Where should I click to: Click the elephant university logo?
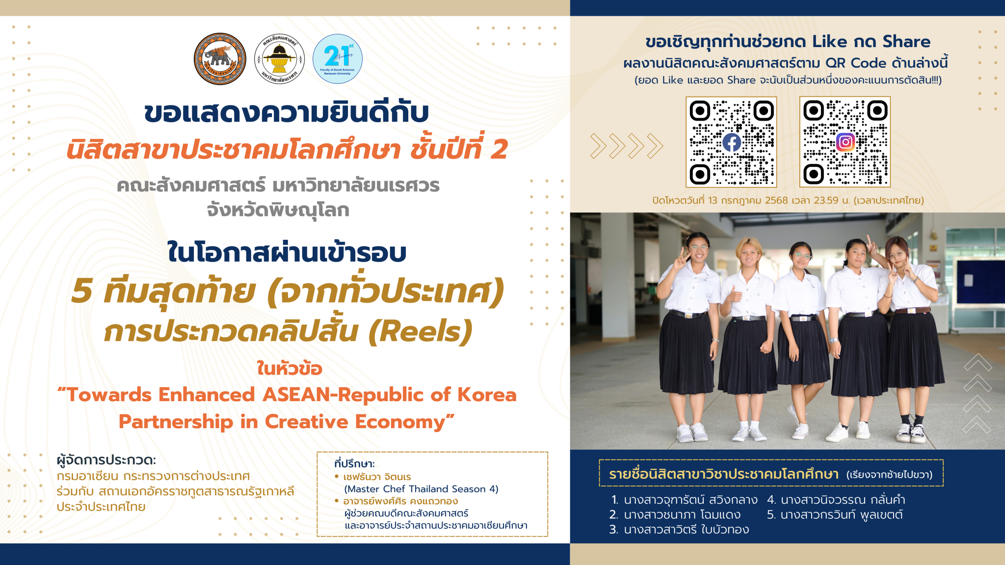click(219, 59)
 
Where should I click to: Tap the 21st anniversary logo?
click(338, 59)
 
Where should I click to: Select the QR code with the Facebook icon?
click(731, 142)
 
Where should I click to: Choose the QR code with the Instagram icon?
click(845, 142)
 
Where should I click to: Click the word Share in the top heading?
click(906, 42)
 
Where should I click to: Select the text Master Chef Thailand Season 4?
click(421, 489)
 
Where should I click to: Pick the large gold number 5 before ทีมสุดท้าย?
click(81, 290)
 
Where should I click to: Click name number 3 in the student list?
click(679, 530)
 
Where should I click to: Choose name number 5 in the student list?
click(835, 515)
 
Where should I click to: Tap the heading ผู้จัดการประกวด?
click(106, 460)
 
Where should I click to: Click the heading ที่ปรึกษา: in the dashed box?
click(354, 463)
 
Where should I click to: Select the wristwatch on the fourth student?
click(834, 340)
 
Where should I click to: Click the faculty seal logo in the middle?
click(279, 59)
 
